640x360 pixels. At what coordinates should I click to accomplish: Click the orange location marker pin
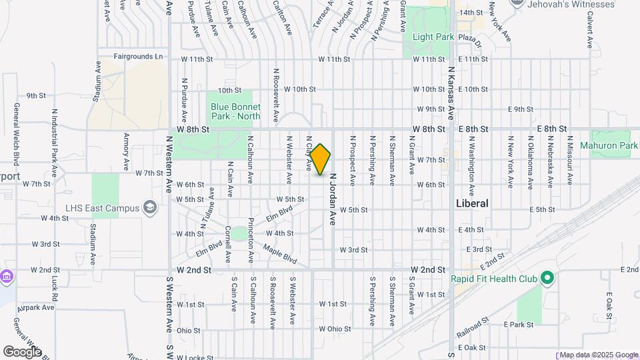[321, 159]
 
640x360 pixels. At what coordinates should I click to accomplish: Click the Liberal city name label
[472, 203]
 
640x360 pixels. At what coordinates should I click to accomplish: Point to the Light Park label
[433, 37]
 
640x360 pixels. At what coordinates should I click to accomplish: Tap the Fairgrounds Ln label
[139, 57]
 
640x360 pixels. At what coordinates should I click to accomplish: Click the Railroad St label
[473, 325]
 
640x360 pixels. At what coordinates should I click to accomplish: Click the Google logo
[22, 351]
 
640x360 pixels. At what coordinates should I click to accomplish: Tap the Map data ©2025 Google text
[598, 355]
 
